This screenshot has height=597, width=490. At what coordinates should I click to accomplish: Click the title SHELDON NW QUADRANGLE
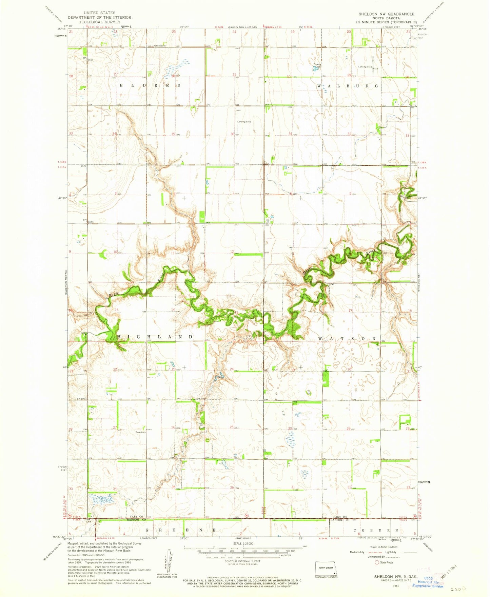386,14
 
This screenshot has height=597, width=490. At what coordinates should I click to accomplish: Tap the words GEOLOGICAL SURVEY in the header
99,22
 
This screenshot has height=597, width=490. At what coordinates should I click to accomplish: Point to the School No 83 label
159,45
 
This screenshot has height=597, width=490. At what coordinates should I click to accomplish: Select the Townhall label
140,432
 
